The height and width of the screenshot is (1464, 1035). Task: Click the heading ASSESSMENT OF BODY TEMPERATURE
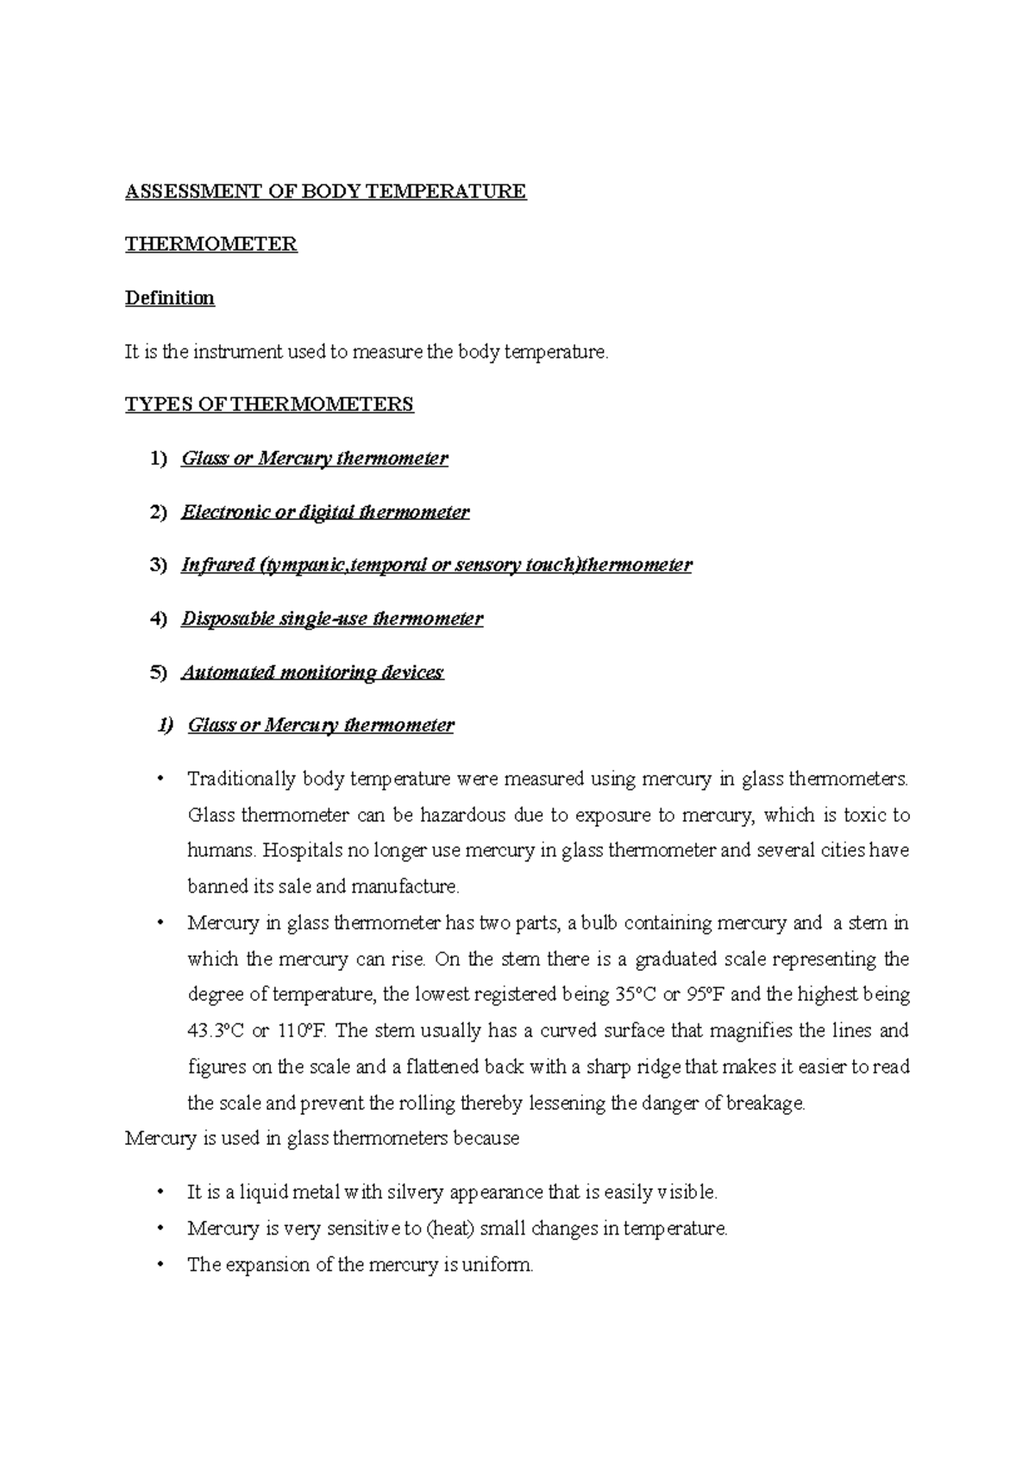point(325,191)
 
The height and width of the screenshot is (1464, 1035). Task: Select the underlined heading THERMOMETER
point(211,245)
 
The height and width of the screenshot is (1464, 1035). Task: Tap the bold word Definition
point(170,298)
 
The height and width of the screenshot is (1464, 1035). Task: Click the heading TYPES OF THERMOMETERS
point(269,404)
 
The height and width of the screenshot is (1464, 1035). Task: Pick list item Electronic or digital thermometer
point(325,512)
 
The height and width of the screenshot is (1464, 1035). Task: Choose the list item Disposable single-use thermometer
point(332,619)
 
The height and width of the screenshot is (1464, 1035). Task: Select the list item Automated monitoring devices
point(312,673)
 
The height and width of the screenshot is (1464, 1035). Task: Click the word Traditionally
point(241,779)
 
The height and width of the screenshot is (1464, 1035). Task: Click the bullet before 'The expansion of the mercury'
point(160,1266)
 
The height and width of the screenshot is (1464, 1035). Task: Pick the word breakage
point(765,1104)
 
